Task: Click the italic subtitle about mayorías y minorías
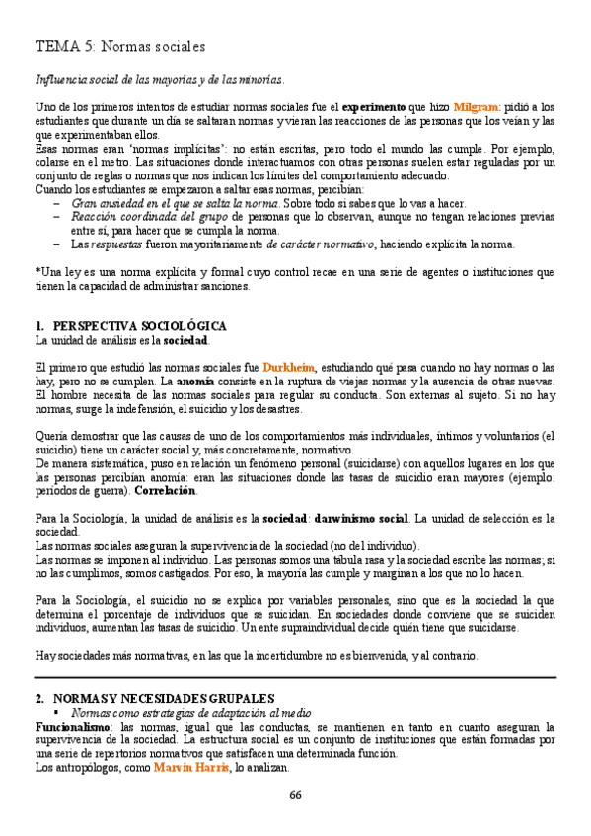[x=159, y=79]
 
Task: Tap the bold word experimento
[x=375, y=106]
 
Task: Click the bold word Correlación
[x=164, y=490]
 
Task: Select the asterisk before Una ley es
[x=37, y=272]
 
